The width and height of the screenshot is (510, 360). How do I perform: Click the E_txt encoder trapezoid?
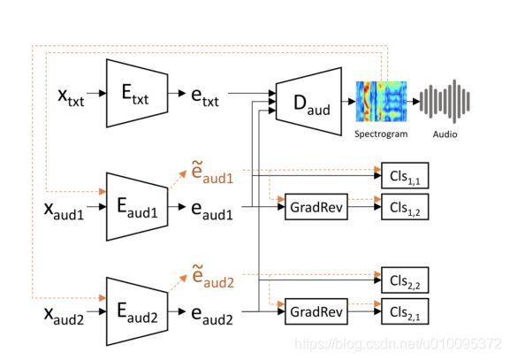coord(137,93)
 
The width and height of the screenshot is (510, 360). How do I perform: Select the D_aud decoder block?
coord(308,101)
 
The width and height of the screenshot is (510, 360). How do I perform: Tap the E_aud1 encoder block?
coord(137,207)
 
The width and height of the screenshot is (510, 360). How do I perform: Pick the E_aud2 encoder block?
coord(137,311)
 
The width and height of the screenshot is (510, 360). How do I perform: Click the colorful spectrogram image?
coord(381,101)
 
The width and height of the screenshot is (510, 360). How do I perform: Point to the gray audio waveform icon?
coord(445,101)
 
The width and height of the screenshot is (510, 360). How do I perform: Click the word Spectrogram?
coord(381,134)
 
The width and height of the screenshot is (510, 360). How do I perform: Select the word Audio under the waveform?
coord(445,134)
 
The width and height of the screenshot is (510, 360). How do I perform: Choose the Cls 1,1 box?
coord(405,175)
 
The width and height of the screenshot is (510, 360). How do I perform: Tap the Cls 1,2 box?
coord(405,207)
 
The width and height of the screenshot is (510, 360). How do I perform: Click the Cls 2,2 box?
coord(405,280)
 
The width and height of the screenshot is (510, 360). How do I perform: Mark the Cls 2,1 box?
coord(405,311)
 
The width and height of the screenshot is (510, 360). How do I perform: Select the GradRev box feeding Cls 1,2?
coord(316,207)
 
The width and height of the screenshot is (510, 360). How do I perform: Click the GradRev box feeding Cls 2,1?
coord(316,311)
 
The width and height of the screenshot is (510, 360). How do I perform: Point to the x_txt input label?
coord(71,97)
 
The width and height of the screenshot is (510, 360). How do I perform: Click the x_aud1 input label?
coord(64,211)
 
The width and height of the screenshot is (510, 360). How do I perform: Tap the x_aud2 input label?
coord(64,316)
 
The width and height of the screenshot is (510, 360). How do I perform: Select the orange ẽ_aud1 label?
coord(212,172)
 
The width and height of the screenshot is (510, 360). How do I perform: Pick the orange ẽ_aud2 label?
coord(213,277)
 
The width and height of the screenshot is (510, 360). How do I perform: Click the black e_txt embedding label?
coord(205,97)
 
